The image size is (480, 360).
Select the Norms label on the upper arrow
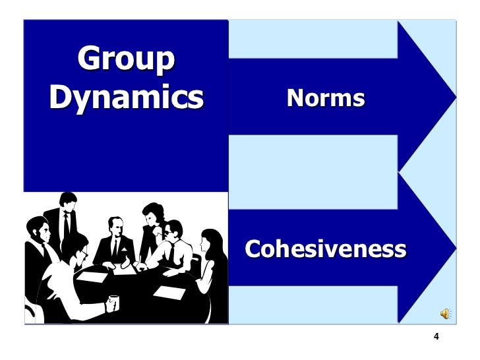point(326,98)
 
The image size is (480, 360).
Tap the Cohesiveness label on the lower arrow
point(326,249)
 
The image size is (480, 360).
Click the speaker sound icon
point(446,314)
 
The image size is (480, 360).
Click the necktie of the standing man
point(66,227)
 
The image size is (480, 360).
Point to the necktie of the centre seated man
point(113,249)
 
